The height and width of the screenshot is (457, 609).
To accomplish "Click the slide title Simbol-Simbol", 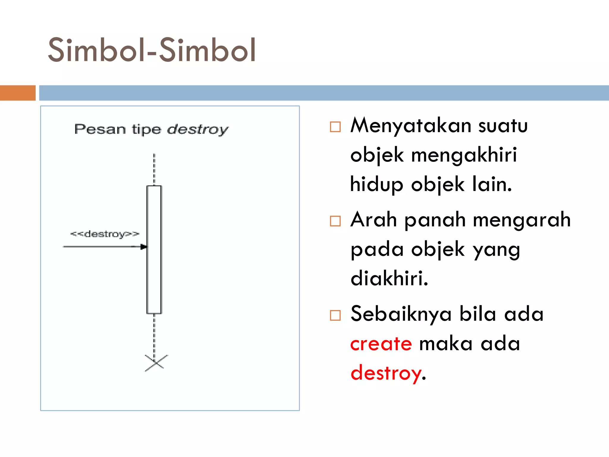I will click(x=152, y=50).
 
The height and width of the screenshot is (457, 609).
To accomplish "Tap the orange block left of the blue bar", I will click(x=18, y=93).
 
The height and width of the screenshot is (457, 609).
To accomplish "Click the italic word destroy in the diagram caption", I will click(x=197, y=129).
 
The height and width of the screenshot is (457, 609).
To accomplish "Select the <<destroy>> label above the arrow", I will click(x=105, y=234).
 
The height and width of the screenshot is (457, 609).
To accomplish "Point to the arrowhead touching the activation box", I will click(x=144, y=247).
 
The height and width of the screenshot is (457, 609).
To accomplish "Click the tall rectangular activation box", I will click(x=154, y=250).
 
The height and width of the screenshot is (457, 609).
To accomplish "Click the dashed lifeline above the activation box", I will click(x=154, y=170).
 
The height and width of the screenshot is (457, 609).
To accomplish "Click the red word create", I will click(x=381, y=344).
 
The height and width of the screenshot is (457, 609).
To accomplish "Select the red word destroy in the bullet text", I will click(x=386, y=373).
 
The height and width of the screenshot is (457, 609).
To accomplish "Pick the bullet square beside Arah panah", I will click(x=335, y=221).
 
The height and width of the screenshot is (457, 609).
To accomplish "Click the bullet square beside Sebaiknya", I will click(x=335, y=315).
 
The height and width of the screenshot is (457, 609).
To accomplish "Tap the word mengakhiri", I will click(x=464, y=155).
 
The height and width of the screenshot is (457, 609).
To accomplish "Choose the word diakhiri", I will click(x=389, y=278).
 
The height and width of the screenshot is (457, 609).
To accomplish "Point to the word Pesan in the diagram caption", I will click(x=100, y=129).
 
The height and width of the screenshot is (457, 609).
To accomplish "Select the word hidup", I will click(x=376, y=185).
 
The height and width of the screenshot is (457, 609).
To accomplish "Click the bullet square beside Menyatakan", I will click(x=335, y=127).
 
